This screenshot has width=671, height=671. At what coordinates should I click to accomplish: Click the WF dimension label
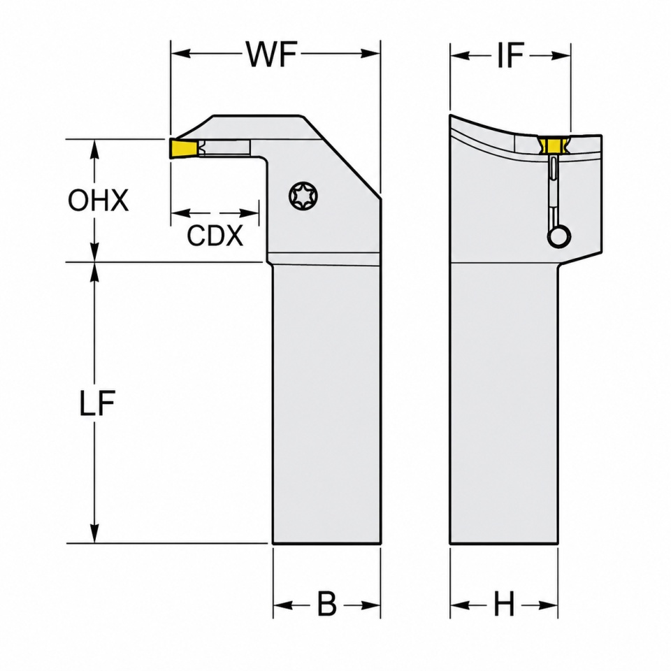point(272,54)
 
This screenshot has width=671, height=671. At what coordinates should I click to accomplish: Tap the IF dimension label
point(510,56)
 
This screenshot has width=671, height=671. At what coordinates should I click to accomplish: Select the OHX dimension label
point(99,200)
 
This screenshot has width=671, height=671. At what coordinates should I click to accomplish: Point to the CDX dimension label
point(215,235)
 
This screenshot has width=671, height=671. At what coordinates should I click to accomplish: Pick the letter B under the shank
point(327,605)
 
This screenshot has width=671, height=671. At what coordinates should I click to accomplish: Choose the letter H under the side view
point(504,605)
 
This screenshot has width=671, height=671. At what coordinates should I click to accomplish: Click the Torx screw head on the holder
point(303,196)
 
